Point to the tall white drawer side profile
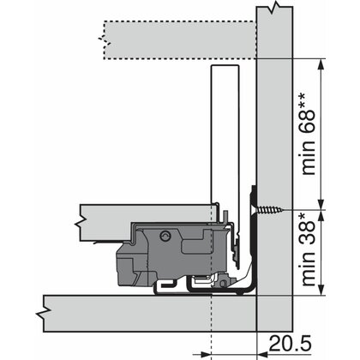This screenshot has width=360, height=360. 221,137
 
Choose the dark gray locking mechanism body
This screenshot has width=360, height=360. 176,249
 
